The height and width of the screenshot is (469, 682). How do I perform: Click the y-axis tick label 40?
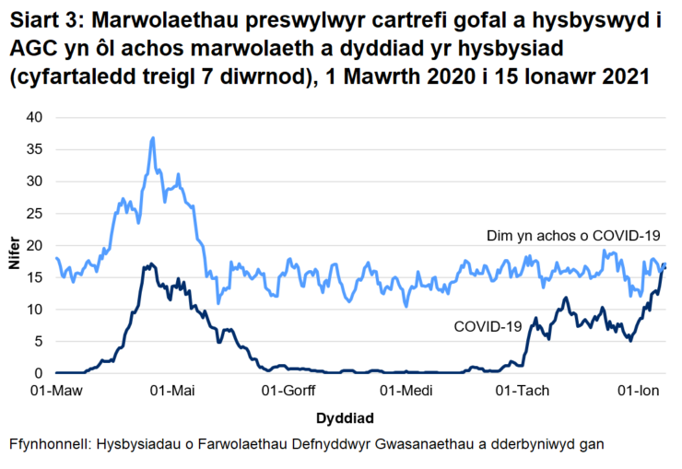(35, 117)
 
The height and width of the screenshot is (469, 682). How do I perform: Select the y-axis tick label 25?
(35, 214)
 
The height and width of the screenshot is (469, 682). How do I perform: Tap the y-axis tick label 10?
(35, 310)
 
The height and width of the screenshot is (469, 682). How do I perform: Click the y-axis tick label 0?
(39, 374)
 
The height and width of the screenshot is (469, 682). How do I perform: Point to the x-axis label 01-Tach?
(521, 391)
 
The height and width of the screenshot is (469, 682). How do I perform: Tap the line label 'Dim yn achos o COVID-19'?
(574, 237)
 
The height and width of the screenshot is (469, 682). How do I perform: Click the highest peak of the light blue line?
(153, 138)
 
